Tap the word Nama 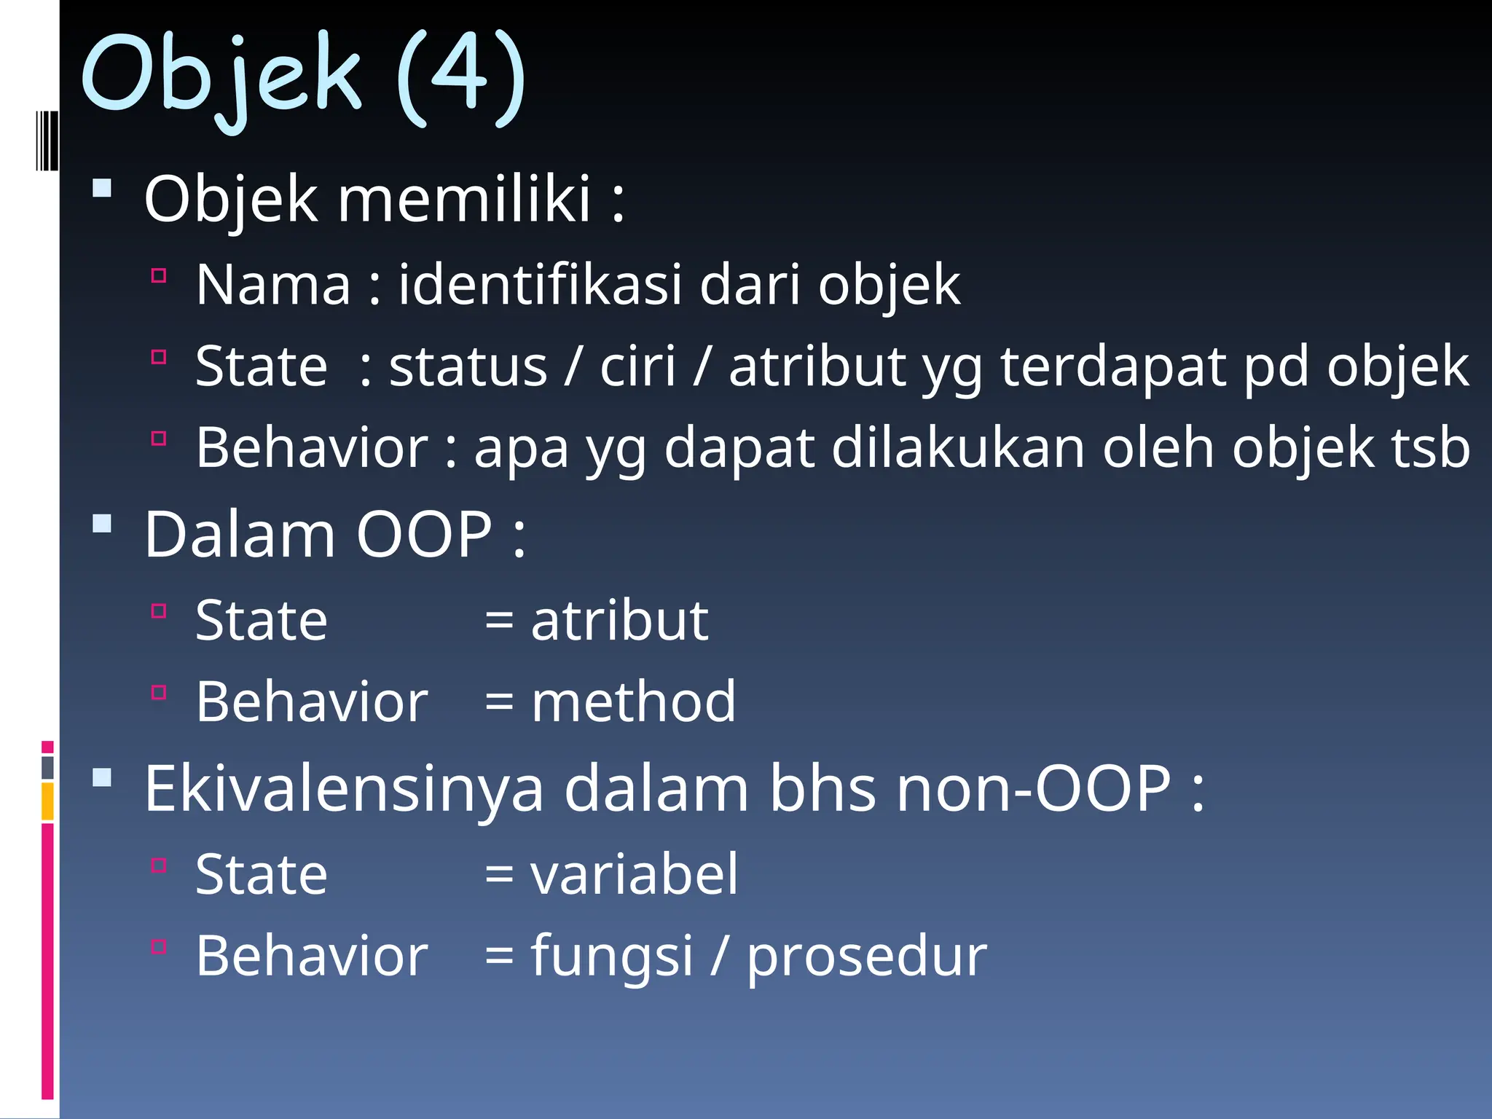coord(273,284)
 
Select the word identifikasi coord(540,284)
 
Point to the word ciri coord(637,366)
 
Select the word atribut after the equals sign coord(619,621)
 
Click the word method coord(633,702)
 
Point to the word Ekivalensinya coord(344,789)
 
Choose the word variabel coord(634,874)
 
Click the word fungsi coord(611,956)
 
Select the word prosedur coord(867,956)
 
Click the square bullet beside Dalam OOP coord(103,524)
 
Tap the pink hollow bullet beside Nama coord(159,275)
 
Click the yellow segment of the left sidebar coord(47,801)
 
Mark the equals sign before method coord(500,703)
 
